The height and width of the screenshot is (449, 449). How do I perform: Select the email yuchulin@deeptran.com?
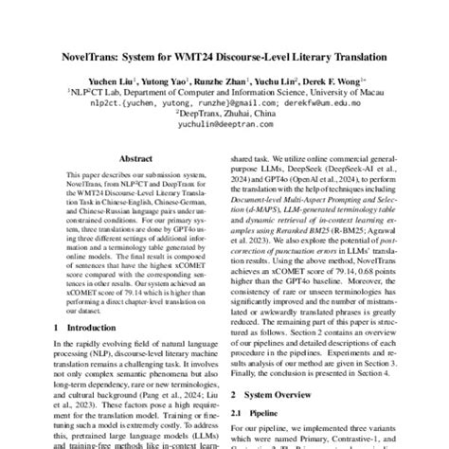pos(224,134)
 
